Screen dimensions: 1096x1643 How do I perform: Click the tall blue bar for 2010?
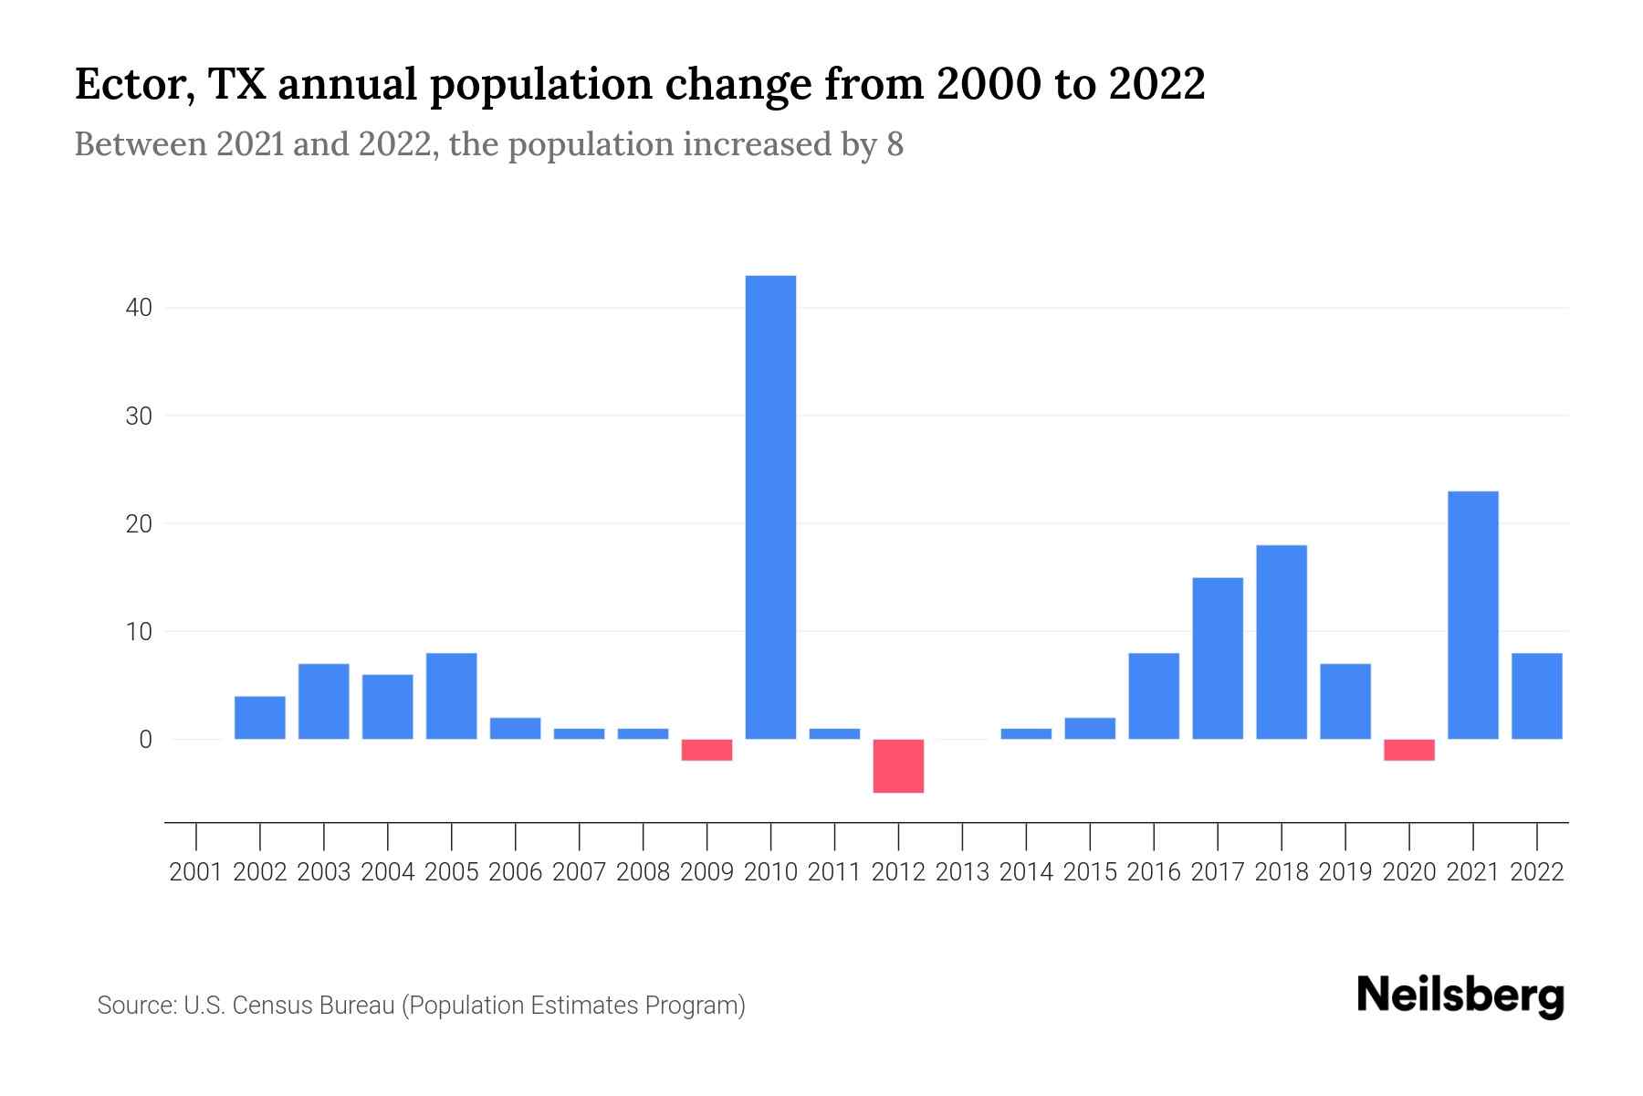point(770,507)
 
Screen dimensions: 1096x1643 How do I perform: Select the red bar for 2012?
point(898,765)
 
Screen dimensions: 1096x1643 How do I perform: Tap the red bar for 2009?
point(706,749)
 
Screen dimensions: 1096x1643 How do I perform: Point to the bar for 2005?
point(451,696)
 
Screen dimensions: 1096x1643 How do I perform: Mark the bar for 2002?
point(259,717)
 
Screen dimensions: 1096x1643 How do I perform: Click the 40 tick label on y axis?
point(139,308)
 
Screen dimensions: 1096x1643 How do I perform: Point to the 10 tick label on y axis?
point(139,632)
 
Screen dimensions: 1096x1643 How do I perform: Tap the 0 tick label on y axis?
point(145,740)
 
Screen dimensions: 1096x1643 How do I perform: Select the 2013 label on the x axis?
point(962,872)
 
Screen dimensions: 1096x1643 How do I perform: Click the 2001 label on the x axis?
point(196,872)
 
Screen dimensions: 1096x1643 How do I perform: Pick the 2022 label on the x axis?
point(1537,872)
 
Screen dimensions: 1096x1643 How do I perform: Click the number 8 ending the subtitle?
point(895,144)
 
